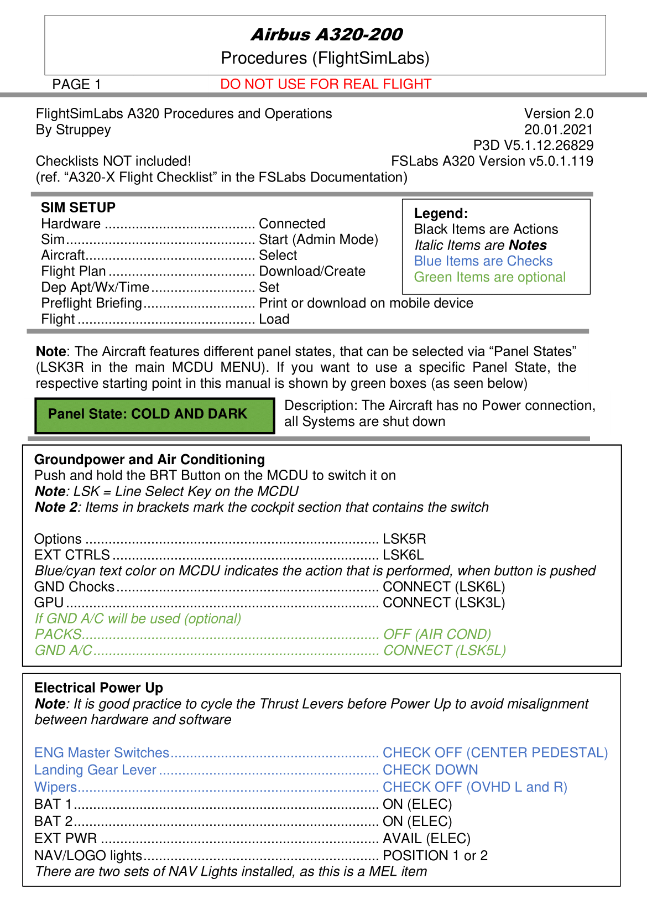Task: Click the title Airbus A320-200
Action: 326,35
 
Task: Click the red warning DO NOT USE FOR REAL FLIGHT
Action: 325,84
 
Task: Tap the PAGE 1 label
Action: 76,85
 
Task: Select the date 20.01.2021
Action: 559,129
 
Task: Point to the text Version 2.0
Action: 559,113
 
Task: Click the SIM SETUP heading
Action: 78,207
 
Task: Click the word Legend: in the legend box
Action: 441,214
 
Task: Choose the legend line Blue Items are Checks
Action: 483,261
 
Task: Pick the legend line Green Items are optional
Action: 489,277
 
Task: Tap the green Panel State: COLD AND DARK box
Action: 154,415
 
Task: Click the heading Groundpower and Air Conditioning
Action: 149,460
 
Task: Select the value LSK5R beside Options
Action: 404,539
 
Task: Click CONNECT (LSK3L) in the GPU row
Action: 443,602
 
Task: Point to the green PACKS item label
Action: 58,634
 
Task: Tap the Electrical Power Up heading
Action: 98,688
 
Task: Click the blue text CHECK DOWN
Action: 430,770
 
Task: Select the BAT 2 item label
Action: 53,821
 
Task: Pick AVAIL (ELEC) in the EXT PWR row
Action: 426,839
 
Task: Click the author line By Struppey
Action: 73,129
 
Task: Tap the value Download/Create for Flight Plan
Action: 312,271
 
